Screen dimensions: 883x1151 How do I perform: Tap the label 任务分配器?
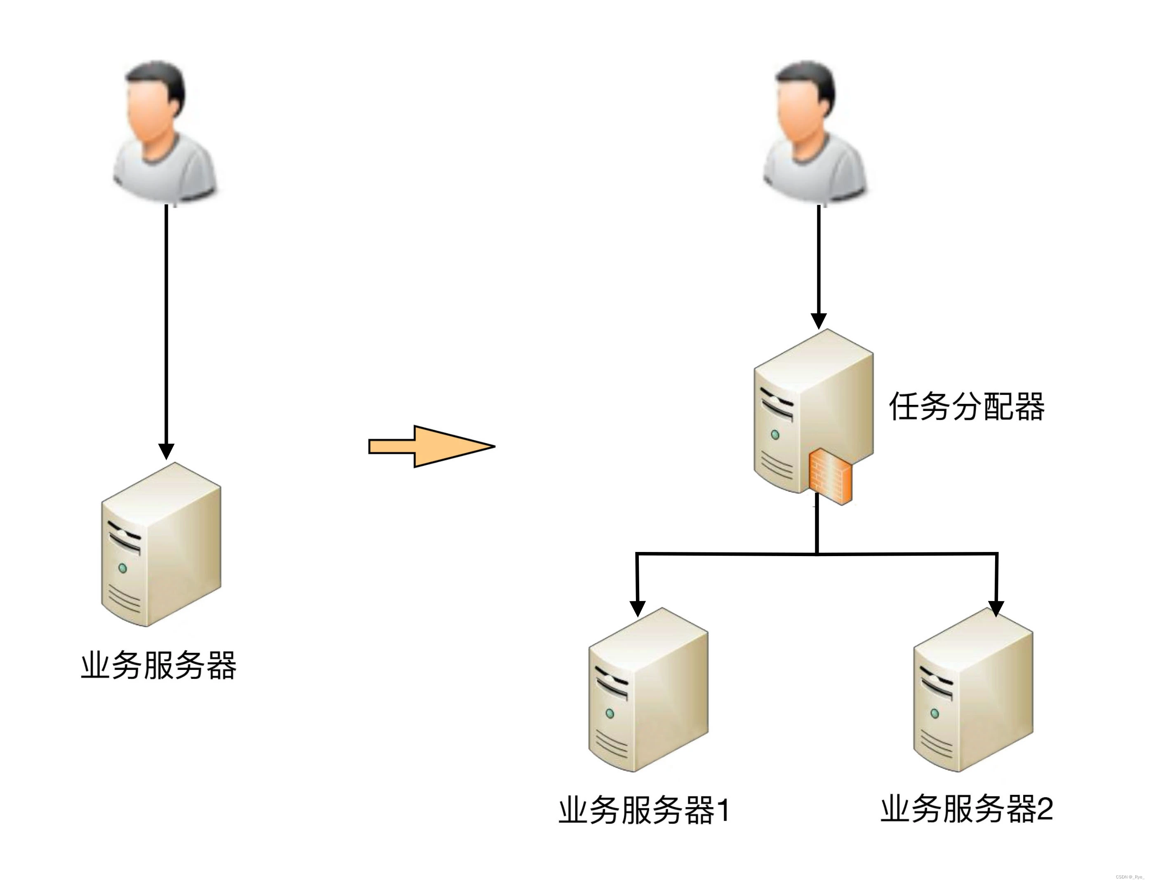pyautogui.click(x=966, y=406)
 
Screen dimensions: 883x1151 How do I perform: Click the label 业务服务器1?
pyautogui.click(x=644, y=810)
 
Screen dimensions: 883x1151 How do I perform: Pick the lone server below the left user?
pyautogui.click(x=161, y=544)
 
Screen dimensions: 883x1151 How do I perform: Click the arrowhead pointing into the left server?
pyautogui.click(x=166, y=451)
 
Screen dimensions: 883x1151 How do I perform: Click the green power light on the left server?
pyautogui.click(x=122, y=568)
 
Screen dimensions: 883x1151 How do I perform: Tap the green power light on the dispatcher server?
pyautogui.click(x=774, y=434)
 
